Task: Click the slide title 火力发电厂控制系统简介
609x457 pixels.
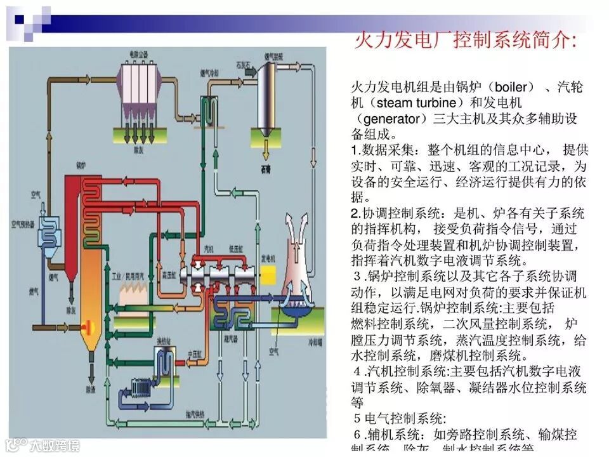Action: coord(464,42)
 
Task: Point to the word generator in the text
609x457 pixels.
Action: coord(393,119)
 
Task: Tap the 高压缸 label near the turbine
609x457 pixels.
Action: coord(169,276)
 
